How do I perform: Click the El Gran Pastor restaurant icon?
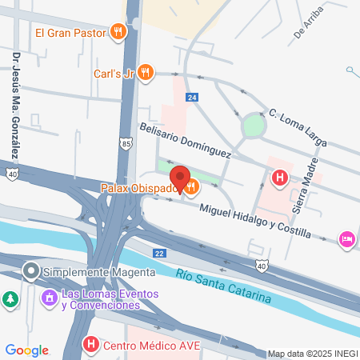[x=118, y=32]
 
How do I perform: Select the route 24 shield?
[x=191, y=98]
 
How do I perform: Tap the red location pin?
[x=179, y=178]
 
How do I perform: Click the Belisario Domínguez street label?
[x=185, y=140]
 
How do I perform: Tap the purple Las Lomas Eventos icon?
[x=49, y=298]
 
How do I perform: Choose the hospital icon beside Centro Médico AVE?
[x=92, y=346]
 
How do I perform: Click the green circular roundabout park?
[x=254, y=126]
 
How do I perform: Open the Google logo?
[x=27, y=350]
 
